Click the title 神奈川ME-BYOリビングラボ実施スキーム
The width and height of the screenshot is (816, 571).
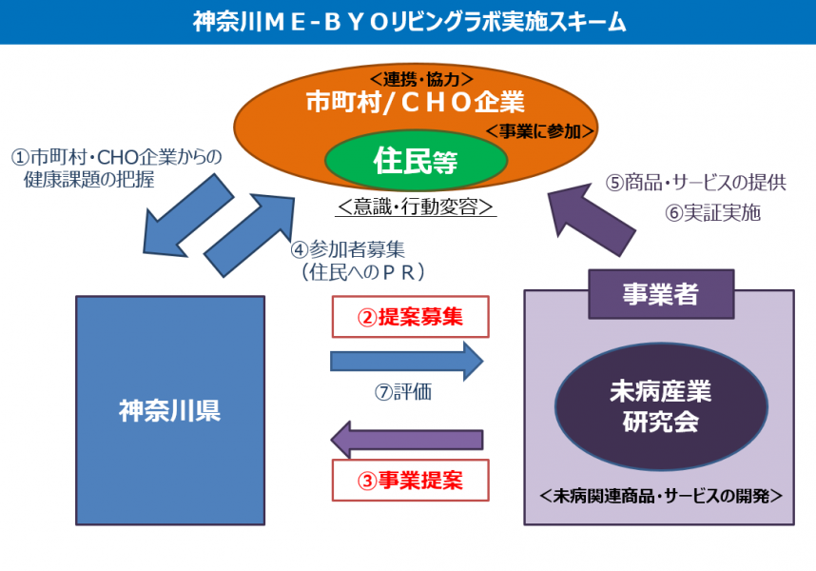[x=409, y=22]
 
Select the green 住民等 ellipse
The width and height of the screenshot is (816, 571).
[x=416, y=160]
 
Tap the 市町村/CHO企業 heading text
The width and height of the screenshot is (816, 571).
[x=415, y=102]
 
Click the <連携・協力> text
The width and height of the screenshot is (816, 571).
[x=421, y=79]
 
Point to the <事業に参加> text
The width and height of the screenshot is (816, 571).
[x=539, y=131]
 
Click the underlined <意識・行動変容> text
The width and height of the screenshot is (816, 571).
[x=416, y=207]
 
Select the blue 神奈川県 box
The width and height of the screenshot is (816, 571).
[x=170, y=410]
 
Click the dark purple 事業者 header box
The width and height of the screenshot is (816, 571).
[x=661, y=293]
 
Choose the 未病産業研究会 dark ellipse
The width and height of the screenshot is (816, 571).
[x=661, y=406]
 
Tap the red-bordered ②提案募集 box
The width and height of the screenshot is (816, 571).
[x=411, y=317]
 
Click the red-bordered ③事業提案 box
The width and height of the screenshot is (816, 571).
[x=411, y=480]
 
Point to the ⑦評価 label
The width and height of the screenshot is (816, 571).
[x=403, y=392]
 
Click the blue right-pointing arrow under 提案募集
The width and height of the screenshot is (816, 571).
[x=406, y=362]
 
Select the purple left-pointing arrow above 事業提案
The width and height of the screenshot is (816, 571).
[x=406, y=440]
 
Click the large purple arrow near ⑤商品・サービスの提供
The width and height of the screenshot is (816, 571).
[x=593, y=219]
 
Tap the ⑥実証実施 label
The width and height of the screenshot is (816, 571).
[x=712, y=212]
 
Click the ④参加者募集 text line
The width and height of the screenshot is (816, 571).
[x=348, y=250]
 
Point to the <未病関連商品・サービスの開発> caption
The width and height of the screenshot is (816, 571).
[x=661, y=496]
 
